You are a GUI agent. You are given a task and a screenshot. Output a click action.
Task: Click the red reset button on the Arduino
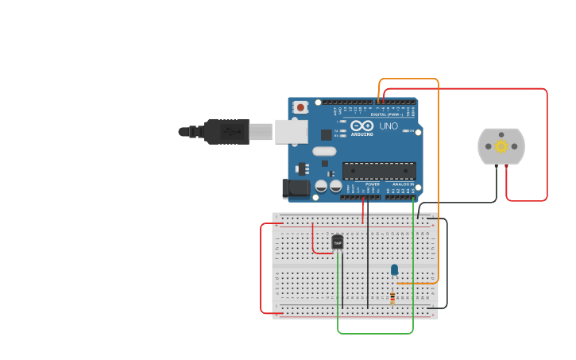point(300,107)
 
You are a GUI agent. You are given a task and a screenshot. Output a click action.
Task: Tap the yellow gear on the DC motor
point(501,146)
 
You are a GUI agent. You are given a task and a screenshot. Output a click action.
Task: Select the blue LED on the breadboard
point(394,270)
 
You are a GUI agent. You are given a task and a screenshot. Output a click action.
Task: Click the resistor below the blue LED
point(392,298)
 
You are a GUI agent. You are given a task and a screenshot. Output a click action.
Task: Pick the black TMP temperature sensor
point(338,242)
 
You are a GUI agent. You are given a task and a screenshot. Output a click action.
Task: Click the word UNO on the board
point(389,126)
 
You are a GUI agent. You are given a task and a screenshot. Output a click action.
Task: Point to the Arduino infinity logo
point(361,126)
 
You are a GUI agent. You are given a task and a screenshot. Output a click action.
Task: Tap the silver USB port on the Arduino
point(292,131)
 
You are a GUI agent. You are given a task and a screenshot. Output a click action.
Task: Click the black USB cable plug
point(227,131)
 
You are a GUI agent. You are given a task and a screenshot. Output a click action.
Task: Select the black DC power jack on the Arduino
point(296,188)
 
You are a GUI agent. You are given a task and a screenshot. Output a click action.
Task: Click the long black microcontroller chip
point(379,171)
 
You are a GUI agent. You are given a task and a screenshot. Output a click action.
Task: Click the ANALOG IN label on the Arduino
point(402,184)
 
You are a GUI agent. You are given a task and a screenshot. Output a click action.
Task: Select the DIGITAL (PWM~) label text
point(387,114)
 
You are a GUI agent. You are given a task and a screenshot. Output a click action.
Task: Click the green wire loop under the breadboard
point(375,333)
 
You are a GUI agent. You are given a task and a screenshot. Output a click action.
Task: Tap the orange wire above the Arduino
point(408,79)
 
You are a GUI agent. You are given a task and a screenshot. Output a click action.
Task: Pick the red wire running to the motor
point(547,143)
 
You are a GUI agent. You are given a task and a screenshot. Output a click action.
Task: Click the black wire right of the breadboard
point(447,262)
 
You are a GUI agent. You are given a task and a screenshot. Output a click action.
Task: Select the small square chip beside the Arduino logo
point(327,135)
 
